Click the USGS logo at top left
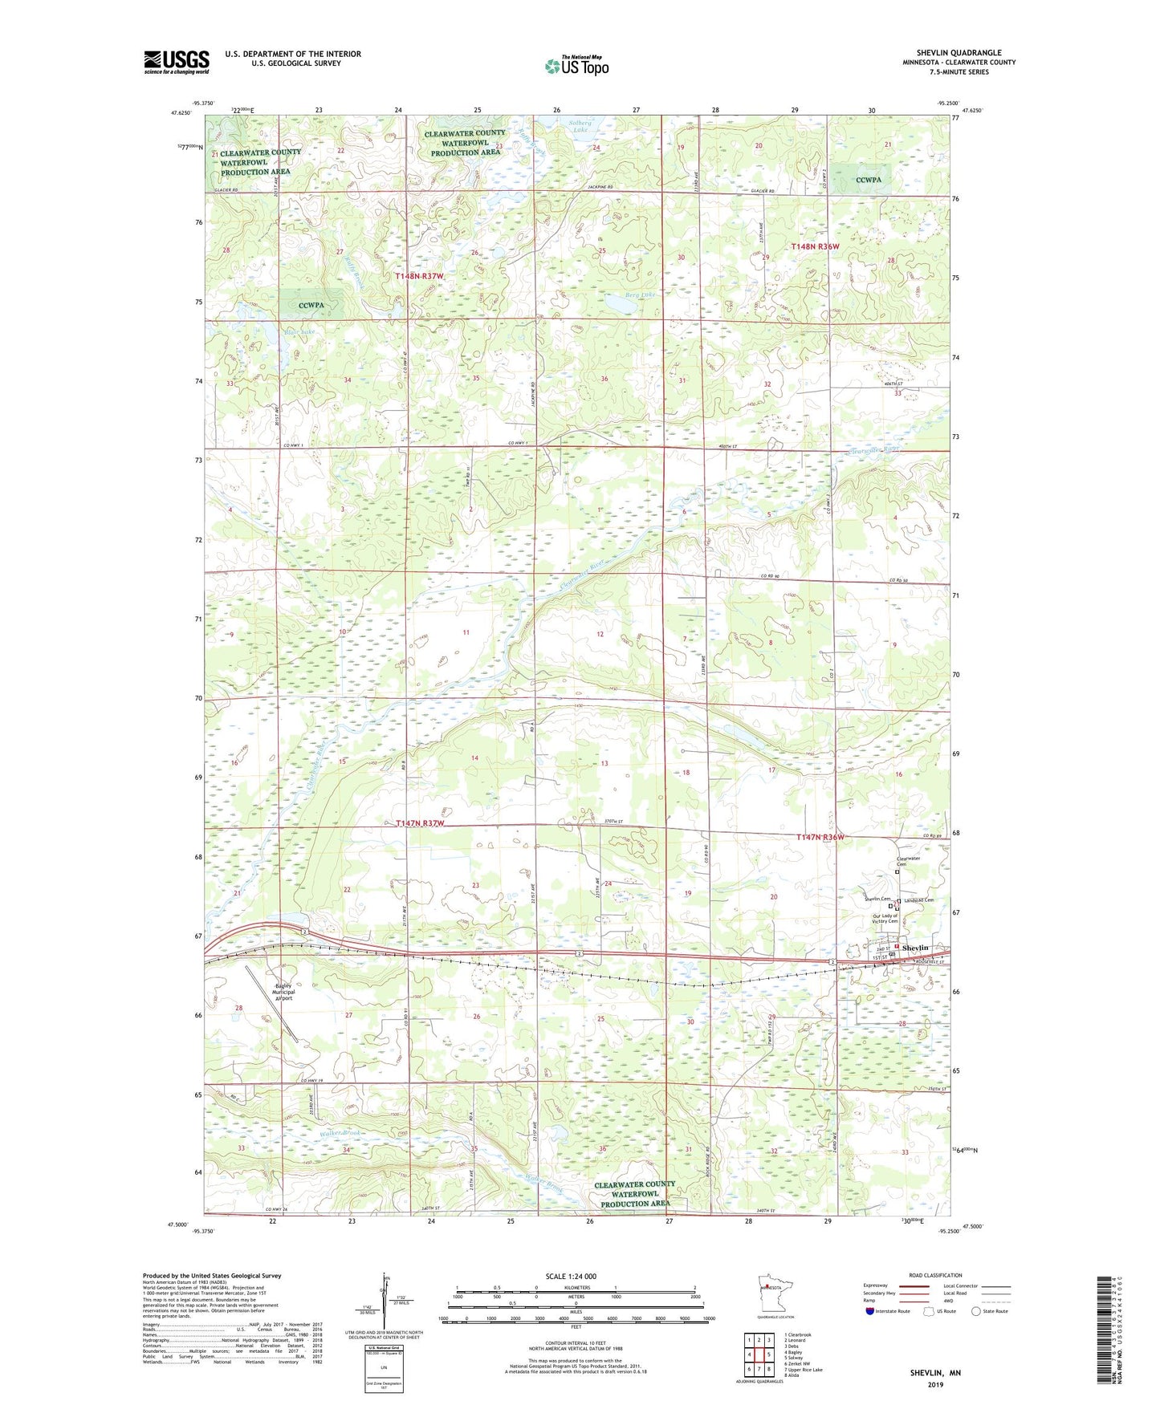[x=176, y=62]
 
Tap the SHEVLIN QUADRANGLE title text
[x=959, y=53]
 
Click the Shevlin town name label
[x=914, y=948]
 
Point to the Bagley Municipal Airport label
[x=283, y=992]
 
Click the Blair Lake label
[x=299, y=331]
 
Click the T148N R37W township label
[x=418, y=276]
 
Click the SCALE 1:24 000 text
[x=571, y=1276]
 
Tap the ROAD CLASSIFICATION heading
[x=935, y=1275]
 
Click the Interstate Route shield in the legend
[x=871, y=1312]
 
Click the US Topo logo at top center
[x=576, y=67]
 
